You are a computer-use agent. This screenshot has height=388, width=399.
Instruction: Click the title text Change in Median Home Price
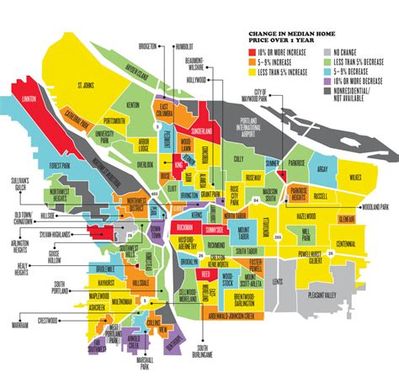286,39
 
